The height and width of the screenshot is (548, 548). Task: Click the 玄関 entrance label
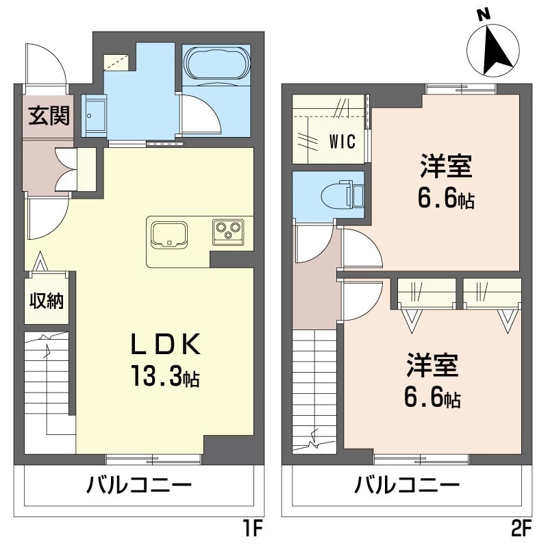[x=49, y=115]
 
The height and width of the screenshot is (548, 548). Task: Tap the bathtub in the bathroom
[x=217, y=64]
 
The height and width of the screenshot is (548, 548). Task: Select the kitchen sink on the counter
[x=169, y=234]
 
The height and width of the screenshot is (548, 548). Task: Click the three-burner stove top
[x=228, y=232]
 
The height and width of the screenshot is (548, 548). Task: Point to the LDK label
[x=165, y=344]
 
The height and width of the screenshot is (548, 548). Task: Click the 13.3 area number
[x=158, y=375]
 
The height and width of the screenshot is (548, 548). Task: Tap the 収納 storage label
[x=47, y=300]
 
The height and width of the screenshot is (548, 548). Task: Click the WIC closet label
[x=342, y=141]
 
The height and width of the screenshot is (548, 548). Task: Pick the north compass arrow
[x=495, y=50]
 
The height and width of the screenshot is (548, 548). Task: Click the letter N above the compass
[x=483, y=14]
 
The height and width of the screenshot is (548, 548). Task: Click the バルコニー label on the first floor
[x=139, y=486]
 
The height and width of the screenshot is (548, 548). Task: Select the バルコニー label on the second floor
[x=407, y=486]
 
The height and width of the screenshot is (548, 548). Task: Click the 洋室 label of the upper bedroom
[x=447, y=166]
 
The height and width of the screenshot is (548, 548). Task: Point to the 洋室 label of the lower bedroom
[x=432, y=365]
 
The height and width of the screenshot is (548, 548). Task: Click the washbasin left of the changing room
[x=94, y=116]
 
